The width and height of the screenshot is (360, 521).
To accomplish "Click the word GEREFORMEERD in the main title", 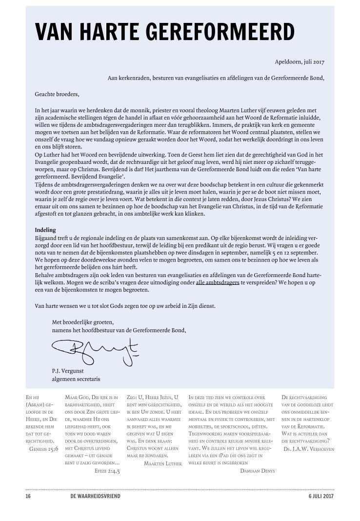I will click(221, 31).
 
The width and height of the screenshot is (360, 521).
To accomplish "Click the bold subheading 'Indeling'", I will click(45, 230).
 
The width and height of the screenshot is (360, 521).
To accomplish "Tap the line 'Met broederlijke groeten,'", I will click(82, 322).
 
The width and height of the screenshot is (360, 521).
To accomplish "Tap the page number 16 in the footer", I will click(28, 496).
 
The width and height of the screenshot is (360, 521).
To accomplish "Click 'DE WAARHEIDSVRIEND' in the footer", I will click(95, 496).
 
